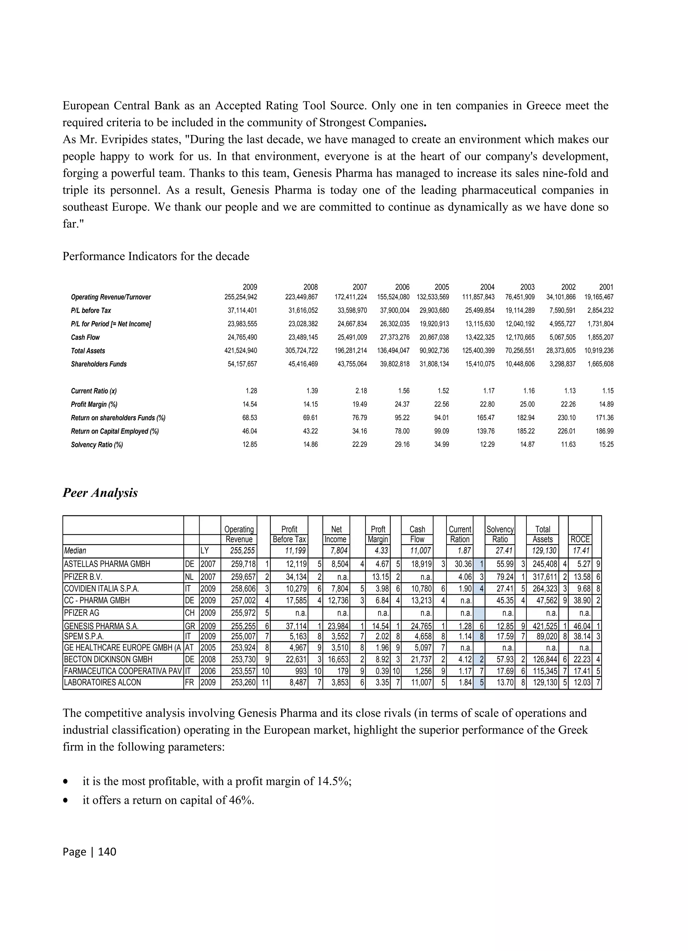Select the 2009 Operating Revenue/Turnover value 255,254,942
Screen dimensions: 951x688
[x=241, y=297]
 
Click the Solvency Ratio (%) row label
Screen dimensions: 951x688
[x=97, y=445]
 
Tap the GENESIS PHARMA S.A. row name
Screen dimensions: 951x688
[x=101, y=626]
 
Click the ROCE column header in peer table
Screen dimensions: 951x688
[x=580, y=539]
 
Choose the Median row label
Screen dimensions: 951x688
[x=75, y=551]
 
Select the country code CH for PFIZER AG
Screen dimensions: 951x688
[x=189, y=613]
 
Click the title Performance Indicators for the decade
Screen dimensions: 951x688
[x=156, y=256]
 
